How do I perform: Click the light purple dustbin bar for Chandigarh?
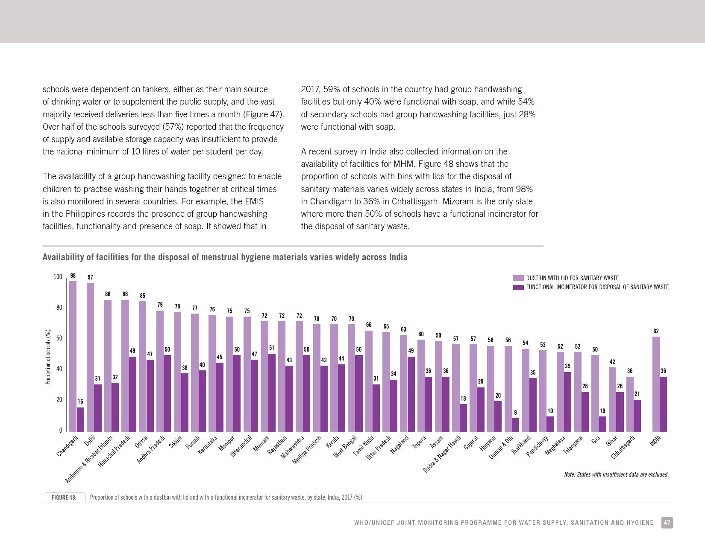[73, 356]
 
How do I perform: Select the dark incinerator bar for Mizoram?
[272, 393]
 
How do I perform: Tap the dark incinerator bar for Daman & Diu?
[515, 425]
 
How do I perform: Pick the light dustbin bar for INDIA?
[656, 384]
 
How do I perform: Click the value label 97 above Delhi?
[90, 277]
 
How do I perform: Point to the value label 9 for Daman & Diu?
[515, 413]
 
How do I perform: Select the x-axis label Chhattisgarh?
[623, 447]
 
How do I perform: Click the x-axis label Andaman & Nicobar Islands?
[89, 460]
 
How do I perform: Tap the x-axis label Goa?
[596, 439]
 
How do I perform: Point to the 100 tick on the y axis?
[58, 277]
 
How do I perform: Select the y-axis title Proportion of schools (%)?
[48, 357]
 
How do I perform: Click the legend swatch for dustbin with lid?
[518, 278]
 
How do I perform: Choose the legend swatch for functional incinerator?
[518, 288]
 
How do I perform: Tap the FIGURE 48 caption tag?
[64, 497]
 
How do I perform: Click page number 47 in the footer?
[667, 523]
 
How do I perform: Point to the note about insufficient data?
[615, 474]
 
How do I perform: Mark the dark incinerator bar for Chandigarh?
[80, 419]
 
